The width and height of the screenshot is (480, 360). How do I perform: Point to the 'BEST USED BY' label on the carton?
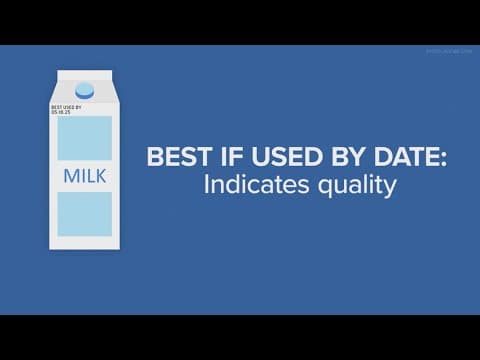point(66,106)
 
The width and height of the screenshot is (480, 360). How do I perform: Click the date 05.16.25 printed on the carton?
point(62,112)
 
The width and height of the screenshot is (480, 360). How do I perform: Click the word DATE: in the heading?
point(380,159)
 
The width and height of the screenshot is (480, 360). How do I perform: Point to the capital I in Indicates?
point(179,185)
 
